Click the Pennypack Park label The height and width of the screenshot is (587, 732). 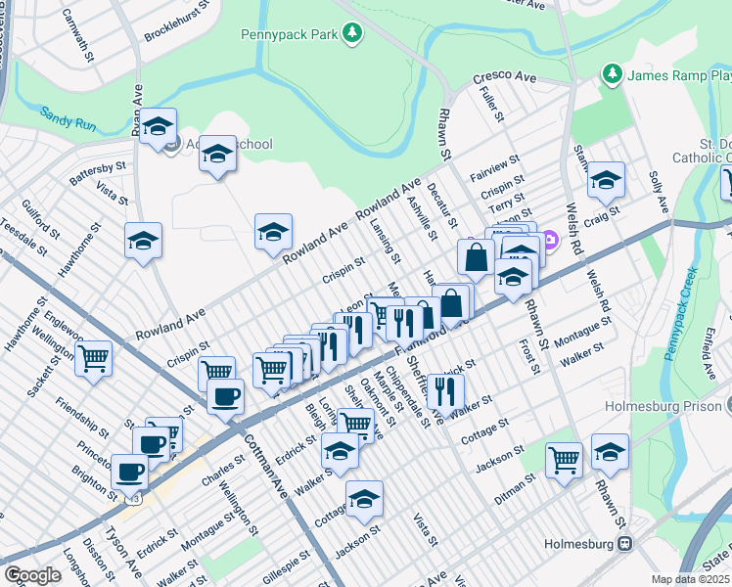click(290, 35)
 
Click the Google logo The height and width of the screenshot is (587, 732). click(33, 575)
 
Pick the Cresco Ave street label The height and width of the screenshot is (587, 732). click(505, 75)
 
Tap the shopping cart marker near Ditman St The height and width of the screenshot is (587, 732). click(564, 458)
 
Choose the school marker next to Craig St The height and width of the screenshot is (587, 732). click(606, 180)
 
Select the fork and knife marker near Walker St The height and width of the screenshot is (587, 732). click(445, 391)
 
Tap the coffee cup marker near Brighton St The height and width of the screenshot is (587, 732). click(130, 472)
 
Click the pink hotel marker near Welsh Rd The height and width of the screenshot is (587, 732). click(550, 237)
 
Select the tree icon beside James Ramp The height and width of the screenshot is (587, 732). click(612, 74)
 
